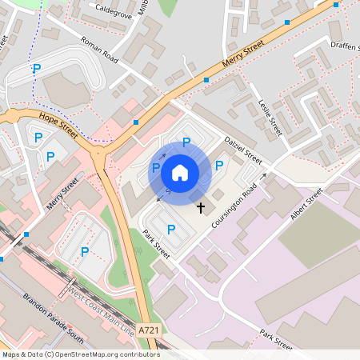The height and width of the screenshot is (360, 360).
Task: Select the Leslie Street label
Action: click(x=272, y=115)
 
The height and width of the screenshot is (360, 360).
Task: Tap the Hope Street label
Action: click(x=58, y=125)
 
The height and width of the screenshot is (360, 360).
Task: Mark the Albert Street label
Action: click(x=306, y=206)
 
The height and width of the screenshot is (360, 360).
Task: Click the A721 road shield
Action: click(x=148, y=330)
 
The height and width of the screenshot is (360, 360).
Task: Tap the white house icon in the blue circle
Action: click(x=180, y=172)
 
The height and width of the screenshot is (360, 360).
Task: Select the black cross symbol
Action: click(x=200, y=207)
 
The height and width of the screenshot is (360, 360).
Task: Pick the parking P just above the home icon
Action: click(x=186, y=142)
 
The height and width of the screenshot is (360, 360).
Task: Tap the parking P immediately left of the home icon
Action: click(x=156, y=167)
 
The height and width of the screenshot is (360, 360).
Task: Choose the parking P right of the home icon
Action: click(x=219, y=166)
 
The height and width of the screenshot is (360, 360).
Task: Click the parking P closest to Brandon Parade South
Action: click(x=84, y=252)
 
